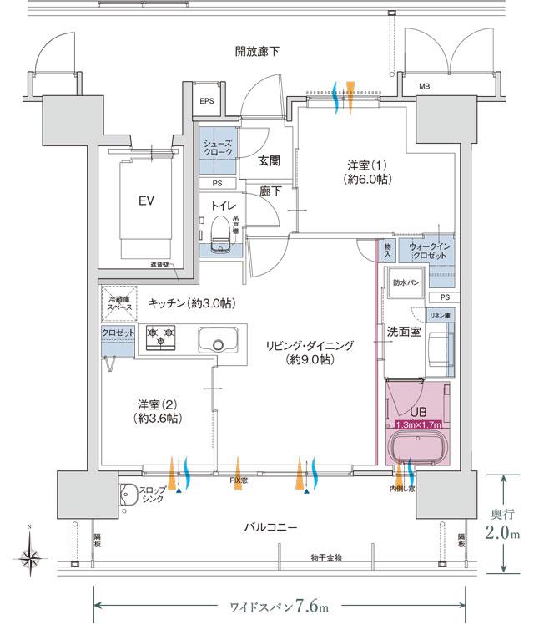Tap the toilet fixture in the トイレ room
219,234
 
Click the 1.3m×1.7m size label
418,424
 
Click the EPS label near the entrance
208,102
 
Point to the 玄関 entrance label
269,160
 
